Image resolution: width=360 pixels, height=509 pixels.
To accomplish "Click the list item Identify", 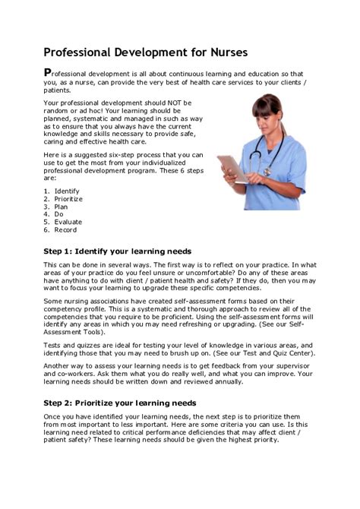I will tap(67, 191).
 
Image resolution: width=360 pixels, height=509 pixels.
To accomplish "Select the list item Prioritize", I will tap(69, 198).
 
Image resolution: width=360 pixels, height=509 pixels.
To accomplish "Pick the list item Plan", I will tap(62, 206).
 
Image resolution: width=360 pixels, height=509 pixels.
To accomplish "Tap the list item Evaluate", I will tap(68, 222).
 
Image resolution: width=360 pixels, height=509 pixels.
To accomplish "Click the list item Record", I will tap(66, 229).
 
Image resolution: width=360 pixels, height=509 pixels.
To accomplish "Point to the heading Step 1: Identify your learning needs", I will tap(117, 251).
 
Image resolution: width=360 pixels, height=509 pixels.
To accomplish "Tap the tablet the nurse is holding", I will tap(229, 168).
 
